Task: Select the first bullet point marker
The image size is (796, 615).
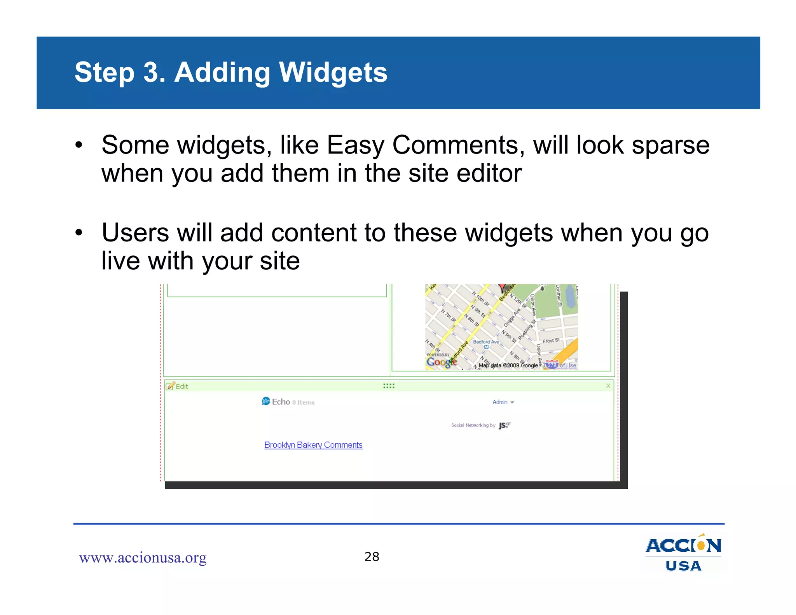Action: pyautogui.click(x=79, y=145)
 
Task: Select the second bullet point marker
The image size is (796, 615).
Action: pyautogui.click(x=79, y=233)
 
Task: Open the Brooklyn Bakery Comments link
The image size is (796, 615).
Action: pyautogui.click(x=313, y=445)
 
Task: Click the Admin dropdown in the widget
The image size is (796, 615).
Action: pyautogui.click(x=503, y=402)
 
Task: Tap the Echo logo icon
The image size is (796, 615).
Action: pyautogui.click(x=266, y=401)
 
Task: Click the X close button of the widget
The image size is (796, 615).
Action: pyautogui.click(x=608, y=386)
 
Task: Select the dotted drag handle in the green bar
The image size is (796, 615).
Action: pyautogui.click(x=389, y=386)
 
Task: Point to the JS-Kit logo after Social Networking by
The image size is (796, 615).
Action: pyautogui.click(x=504, y=425)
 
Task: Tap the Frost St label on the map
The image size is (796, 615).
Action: pyautogui.click(x=551, y=341)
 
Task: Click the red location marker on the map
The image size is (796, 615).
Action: pyautogui.click(x=502, y=288)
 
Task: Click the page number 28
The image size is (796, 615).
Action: pyautogui.click(x=372, y=557)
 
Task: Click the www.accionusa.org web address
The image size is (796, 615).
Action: pyautogui.click(x=143, y=557)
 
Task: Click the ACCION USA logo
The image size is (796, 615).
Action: pyautogui.click(x=683, y=554)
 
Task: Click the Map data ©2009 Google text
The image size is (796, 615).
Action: pyautogui.click(x=508, y=365)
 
